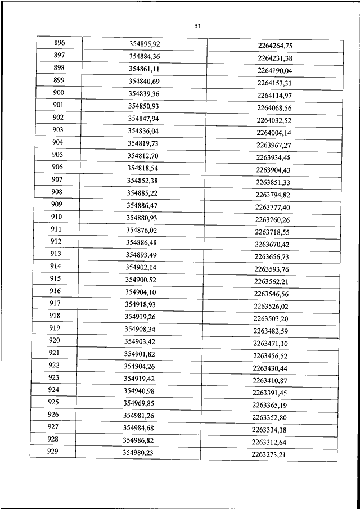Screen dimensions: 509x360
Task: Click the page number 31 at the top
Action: pos(197,26)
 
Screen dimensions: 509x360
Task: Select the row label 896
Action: pos(59,43)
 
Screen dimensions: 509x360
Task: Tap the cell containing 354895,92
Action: pos(145,44)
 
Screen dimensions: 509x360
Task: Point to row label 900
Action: pos(58,93)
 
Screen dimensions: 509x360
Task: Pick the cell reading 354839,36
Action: pos(144,94)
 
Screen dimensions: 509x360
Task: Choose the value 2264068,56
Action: pos(274,108)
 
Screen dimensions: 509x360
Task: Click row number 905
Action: pos(57,155)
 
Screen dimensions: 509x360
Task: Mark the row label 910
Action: pos(57,217)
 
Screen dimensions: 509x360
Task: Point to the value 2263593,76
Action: pos(272,269)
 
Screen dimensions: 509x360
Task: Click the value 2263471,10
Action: pos(270,344)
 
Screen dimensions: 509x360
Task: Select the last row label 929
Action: pos(54,452)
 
